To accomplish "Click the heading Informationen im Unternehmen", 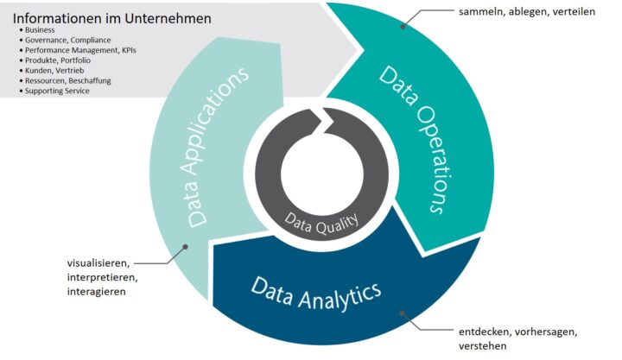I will [111, 17].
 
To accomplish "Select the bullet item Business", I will [41, 30].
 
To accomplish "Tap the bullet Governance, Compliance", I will [67, 40].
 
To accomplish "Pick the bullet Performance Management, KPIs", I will [80, 50].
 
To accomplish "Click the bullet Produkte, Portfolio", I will [58, 60].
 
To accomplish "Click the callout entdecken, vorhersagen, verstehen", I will [517, 338].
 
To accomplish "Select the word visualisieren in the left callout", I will [98, 262].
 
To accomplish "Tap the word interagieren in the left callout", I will [96, 292].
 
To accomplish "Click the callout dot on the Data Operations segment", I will [403, 27].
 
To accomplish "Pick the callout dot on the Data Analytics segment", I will [398, 313].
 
